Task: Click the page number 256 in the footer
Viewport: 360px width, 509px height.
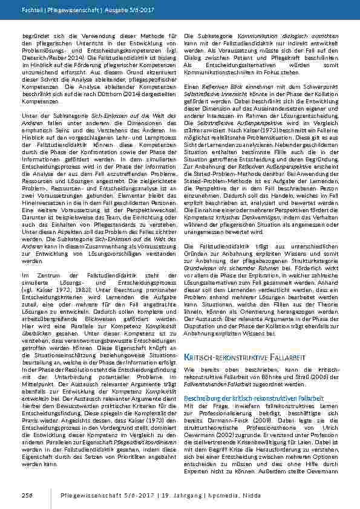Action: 28,494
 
